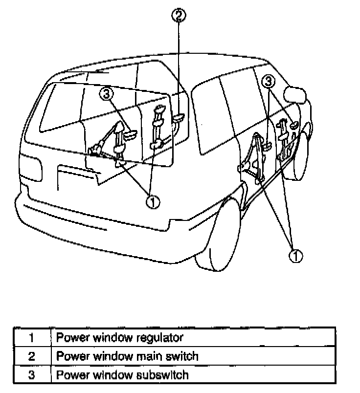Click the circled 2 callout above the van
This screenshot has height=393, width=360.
click(x=179, y=16)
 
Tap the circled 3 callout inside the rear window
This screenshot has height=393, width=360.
click(x=108, y=92)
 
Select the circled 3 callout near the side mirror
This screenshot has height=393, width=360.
click(x=268, y=81)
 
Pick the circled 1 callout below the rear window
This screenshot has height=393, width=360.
click(x=153, y=201)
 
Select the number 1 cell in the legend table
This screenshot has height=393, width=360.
click(x=32, y=337)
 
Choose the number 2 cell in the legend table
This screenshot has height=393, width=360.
click(x=32, y=356)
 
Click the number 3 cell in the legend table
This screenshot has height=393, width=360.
click(x=32, y=375)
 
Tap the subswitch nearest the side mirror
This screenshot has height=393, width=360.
click(x=292, y=127)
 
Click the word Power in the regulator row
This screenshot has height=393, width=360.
click(x=72, y=337)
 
